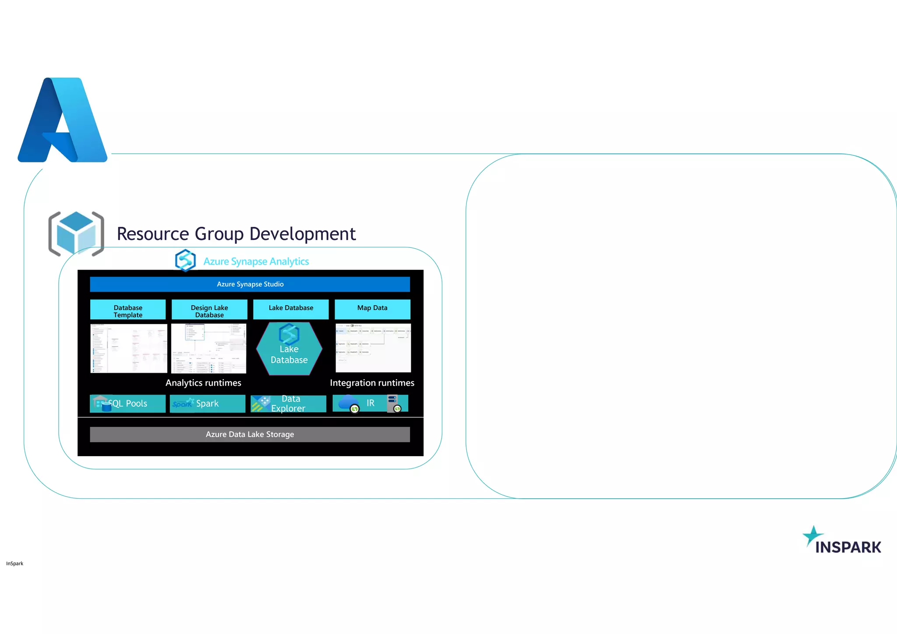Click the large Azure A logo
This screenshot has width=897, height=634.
pos(63,120)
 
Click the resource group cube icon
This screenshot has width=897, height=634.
pos(76,233)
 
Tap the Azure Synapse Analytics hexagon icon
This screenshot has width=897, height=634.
pos(185,261)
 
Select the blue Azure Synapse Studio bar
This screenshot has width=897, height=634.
pos(250,284)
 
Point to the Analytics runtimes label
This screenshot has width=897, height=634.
pos(203,383)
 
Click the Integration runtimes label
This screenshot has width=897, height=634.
pos(372,383)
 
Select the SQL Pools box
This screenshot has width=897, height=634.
pos(128,403)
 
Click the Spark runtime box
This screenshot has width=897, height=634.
pos(208,403)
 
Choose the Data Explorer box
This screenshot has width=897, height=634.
pos(288,403)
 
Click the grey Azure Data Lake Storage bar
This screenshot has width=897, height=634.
pos(250,434)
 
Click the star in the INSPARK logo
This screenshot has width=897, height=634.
pos(812,535)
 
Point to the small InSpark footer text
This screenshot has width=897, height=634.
pos(15,564)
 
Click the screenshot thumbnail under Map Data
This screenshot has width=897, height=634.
pos(373,348)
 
